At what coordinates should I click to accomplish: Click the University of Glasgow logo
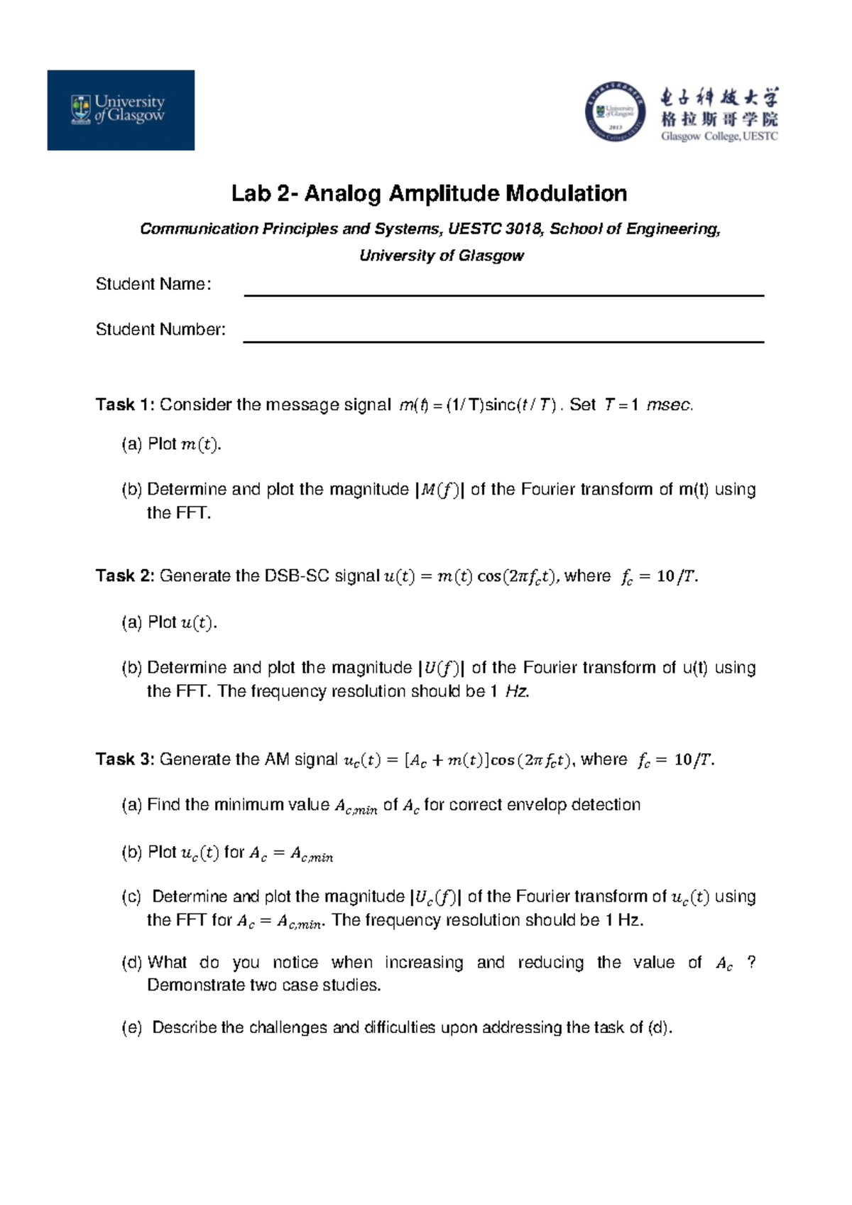[121, 109]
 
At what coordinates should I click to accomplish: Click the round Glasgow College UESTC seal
[615, 112]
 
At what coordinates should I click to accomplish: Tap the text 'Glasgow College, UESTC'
[719, 136]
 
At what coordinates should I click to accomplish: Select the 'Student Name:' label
[153, 284]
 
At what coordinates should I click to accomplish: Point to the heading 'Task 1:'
[125, 405]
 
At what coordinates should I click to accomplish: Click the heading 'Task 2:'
[125, 576]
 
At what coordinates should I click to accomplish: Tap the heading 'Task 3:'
[125, 760]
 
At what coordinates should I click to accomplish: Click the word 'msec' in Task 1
[668, 405]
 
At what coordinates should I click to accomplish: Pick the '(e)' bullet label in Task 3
[132, 1027]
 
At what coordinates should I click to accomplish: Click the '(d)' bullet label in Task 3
[132, 963]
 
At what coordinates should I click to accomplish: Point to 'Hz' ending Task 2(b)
[516, 691]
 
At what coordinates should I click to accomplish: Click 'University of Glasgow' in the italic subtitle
[441, 256]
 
